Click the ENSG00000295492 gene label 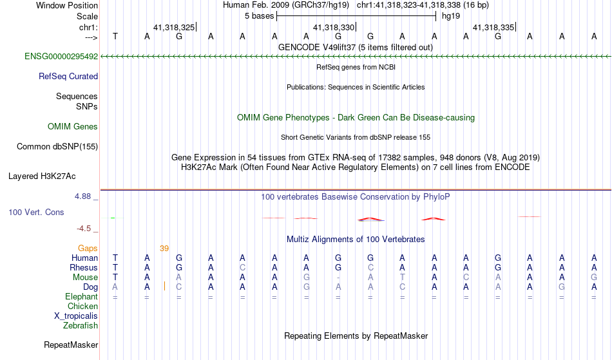tap(61, 57)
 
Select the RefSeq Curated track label tap(68, 77)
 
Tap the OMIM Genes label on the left tap(73, 127)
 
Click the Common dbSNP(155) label tap(57, 147)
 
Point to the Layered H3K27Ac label tap(42, 176)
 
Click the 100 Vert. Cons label tap(36, 212)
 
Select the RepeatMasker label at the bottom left tap(71, 345)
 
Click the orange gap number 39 tap(164, 249)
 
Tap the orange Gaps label tap(88, 249)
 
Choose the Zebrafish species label tap(81, 325)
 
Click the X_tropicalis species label tap(76, 316)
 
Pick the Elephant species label tap(82, 297)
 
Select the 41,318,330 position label tap(334, 27)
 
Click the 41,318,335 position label tap(493, 27)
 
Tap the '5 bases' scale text tap(260, 16)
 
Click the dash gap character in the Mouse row tap(338, 278)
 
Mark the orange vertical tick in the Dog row tap(164, 286)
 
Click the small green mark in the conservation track tap(113, 218)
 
